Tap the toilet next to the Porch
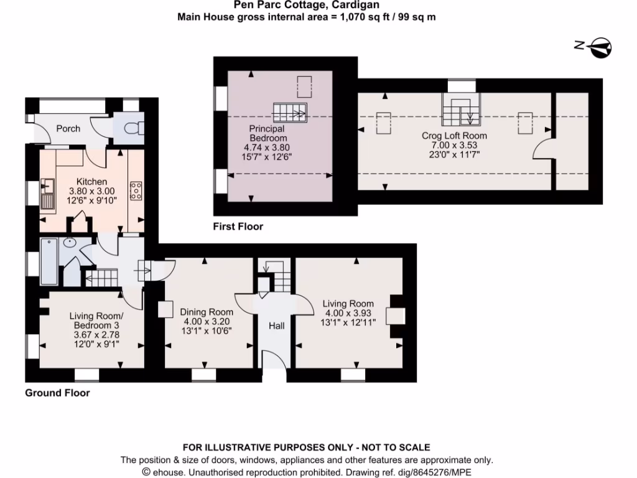133,129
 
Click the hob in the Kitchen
134,190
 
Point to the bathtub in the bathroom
49,261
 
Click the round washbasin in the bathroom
70,242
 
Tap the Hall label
276,326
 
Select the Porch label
68,128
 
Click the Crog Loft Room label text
454,135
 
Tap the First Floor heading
238,227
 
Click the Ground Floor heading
57,393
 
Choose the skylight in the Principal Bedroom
305,87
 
